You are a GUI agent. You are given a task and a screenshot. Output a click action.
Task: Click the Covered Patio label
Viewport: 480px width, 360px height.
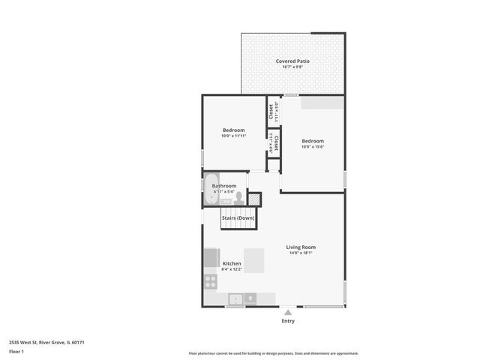point(292,61)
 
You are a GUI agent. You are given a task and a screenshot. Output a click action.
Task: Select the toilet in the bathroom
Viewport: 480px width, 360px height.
point(239,197)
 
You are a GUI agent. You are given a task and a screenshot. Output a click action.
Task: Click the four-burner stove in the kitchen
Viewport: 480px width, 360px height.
point(211,282)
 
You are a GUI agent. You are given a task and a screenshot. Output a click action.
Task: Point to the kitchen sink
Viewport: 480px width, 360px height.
point(235,298)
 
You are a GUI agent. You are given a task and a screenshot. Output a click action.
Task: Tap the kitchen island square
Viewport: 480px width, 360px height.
point(253,261)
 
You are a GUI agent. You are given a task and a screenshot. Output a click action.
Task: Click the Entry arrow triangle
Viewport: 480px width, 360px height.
point(288,312)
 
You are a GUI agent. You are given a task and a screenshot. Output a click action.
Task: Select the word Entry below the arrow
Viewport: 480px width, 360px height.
point(288,321)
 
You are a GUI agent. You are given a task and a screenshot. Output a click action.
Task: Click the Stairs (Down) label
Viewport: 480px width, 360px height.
point(238,217)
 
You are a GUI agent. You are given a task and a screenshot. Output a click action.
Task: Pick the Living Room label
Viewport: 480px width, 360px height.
point(301,247)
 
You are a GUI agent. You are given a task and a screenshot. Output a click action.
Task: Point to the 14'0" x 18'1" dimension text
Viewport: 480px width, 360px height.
point(301,253)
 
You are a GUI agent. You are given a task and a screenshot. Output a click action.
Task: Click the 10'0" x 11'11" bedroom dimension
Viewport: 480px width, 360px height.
point(233,136)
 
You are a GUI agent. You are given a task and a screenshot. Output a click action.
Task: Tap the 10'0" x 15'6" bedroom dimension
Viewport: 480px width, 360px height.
point(313,146)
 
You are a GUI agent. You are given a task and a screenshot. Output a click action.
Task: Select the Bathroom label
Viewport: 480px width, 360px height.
point(224,186)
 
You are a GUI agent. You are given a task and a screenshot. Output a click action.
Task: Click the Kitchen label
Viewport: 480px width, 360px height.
point(232,263)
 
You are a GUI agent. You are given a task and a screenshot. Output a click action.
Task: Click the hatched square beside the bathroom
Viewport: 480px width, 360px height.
point(255,199)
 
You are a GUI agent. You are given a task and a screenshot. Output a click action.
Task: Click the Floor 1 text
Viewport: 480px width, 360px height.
point(16,351)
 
